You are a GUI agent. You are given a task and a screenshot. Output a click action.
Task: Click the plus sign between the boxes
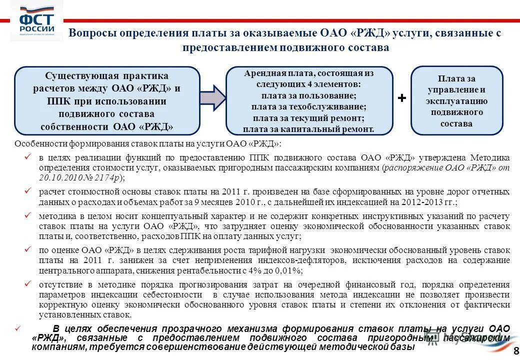click(x=401, y=98)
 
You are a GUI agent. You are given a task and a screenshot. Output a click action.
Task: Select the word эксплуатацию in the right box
click(x=456, y=101)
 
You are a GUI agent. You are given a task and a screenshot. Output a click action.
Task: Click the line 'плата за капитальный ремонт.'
click(x=308, y=129)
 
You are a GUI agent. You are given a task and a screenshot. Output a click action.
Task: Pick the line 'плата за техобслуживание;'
click(x=309, y=107)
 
